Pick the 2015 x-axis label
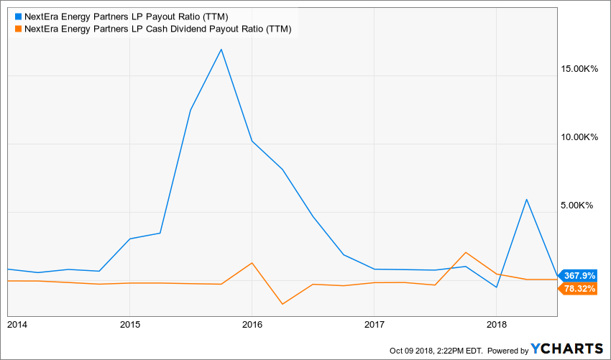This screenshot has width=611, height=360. pos(129,325)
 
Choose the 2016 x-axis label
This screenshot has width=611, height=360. pos(252,325)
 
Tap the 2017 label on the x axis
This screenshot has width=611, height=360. pos(374,325)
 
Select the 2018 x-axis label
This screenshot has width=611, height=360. pos(496,325)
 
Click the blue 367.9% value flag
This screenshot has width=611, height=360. pos(579,275)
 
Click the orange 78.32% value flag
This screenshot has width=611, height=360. pos(579,288)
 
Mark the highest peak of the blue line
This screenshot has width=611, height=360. pos(221,49)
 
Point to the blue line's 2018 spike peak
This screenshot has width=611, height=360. pos(527,199)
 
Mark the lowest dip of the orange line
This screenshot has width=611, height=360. pos(282,304)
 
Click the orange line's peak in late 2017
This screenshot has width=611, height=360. pos(466,252)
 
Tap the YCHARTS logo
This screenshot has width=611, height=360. pos(568,349)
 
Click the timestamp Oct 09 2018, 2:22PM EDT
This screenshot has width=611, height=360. pos(436,351)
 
